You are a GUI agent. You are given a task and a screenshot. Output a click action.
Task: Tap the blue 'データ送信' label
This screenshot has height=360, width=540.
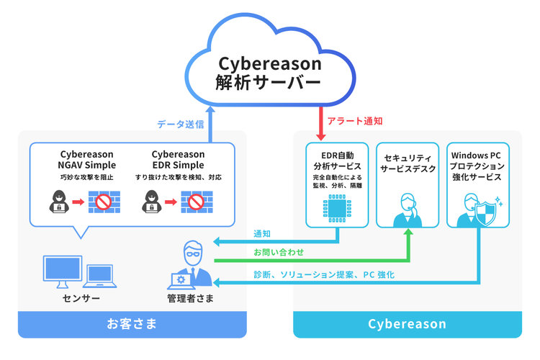click(x=180, y=124)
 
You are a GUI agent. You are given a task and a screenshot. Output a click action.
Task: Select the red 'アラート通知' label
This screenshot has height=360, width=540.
click(x=355, y=122)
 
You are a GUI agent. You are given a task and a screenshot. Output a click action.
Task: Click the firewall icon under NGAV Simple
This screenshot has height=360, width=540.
click(x=104, y=201)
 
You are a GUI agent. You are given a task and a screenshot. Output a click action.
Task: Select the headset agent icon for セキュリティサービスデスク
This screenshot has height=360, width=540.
click(x=408, y=209)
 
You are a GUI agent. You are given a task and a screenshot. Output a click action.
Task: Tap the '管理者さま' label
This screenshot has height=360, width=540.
click(x=190, y=298)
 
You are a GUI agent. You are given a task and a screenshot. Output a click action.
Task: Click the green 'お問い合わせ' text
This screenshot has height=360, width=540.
click(x=278, y=253)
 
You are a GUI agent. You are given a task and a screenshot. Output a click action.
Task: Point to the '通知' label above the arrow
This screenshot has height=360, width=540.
click(x=261, y=234)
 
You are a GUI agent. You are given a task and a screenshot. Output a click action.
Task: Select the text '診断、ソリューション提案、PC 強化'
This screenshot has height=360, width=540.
click(x=323, y=274)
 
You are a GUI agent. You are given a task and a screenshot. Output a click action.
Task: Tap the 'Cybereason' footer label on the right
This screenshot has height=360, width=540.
click(x=407, y=324)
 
